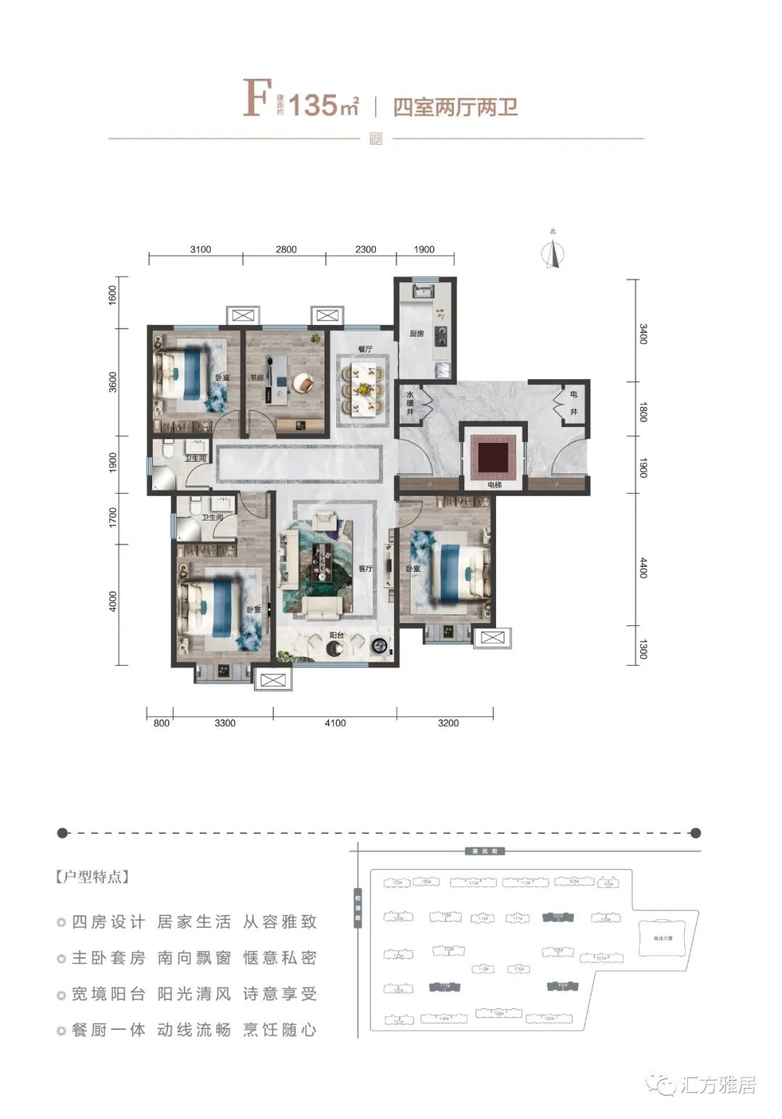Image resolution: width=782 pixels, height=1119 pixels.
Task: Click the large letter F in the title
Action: click(257, 99)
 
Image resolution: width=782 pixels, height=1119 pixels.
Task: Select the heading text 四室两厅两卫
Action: click(455, 107)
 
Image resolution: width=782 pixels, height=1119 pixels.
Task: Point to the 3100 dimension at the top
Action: click(201, 250)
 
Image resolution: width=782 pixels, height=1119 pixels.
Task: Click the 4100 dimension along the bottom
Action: click(335, 722)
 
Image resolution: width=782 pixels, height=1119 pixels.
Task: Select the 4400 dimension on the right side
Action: click(643, 563)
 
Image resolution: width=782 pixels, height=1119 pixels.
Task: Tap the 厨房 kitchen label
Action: click(416, 334)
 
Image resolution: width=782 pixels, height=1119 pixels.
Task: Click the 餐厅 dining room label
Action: click(364, 350)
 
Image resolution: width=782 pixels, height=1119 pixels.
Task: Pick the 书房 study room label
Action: click(256, 377)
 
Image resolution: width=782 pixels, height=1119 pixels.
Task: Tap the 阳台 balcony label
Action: click(336, 635)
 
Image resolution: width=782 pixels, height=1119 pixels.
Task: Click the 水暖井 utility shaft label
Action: click(409, 403)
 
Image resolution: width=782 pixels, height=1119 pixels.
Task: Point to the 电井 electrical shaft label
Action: click(573, 403)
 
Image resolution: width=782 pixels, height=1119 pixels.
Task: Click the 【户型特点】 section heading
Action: click(92, 877)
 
